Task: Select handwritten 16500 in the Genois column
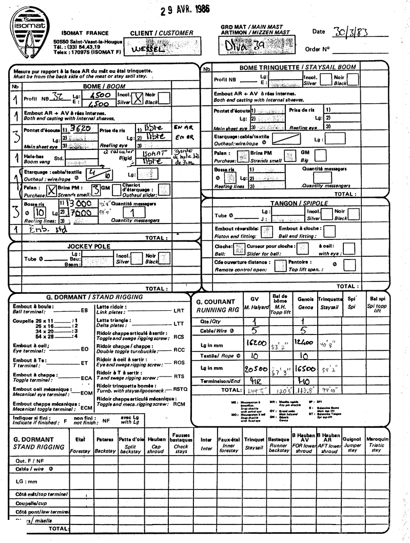click(x=303, y=368)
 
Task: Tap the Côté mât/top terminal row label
click(x=38, y=494)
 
